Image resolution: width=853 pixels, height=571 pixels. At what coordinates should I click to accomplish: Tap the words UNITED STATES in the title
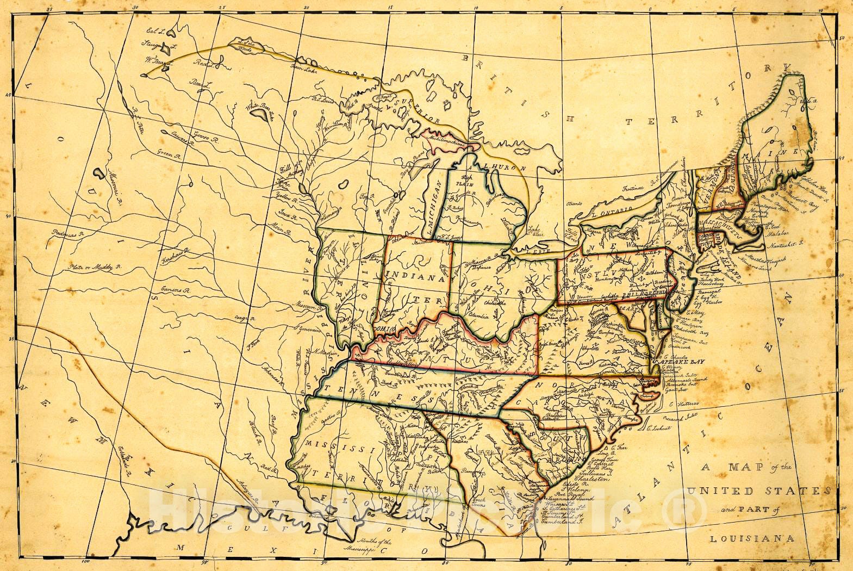(758, 491)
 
